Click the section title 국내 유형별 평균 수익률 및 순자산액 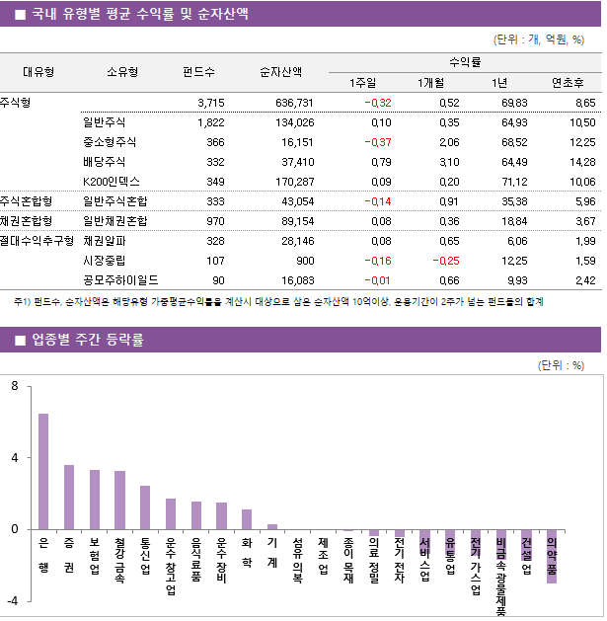[139, 14]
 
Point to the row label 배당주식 [104, 161]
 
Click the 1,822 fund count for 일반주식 [210, 122]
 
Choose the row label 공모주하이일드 [120, 279]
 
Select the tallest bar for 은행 [43, 471]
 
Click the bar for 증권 [69, 497]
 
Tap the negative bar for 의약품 [552, 556]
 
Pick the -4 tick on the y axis [12, 600]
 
